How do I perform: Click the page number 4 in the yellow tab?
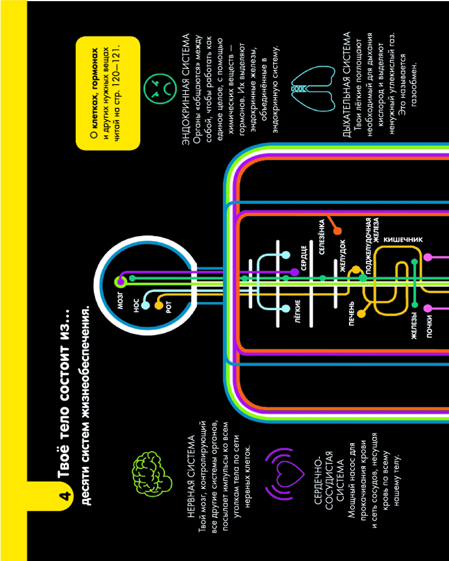(66, 496)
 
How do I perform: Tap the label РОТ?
(169, 308)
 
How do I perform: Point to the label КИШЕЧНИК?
(403, 240)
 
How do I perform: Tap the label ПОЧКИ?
(430, 327)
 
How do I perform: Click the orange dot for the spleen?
(337, 231)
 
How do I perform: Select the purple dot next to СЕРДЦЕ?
(294, 272)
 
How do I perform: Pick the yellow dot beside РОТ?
(158, 305)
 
